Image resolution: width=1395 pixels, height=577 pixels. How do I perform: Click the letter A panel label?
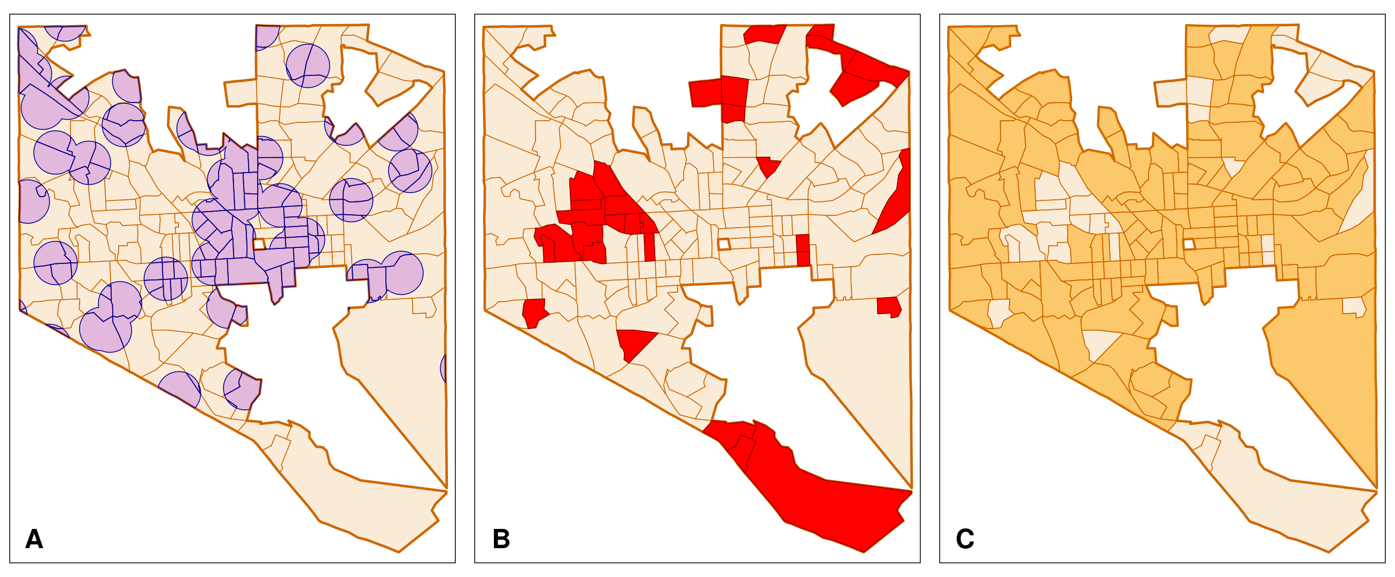[34, 539]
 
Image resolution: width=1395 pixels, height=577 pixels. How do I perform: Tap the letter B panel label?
[501, 539]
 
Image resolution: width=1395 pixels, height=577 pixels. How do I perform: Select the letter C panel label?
[965, 539]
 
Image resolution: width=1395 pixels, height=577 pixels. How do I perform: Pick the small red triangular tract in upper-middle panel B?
[768, 165]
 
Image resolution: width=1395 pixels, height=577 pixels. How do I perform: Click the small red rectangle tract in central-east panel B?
[803, 250]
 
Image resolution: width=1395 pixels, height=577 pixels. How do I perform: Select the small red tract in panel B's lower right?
[889, 306]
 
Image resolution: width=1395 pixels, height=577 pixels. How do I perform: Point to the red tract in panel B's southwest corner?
[534, 313]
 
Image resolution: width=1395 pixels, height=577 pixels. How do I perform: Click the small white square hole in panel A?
[259, 244]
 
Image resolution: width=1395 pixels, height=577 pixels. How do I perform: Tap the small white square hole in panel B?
[724, 244]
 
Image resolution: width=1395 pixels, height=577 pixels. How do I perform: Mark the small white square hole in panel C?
[1189, 244]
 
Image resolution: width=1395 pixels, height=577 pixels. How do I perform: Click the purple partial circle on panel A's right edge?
[444, 368]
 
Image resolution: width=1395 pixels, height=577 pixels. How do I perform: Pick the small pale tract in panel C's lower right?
[1353, 306]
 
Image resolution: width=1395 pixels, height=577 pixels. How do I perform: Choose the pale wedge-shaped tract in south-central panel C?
[1099, 344]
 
